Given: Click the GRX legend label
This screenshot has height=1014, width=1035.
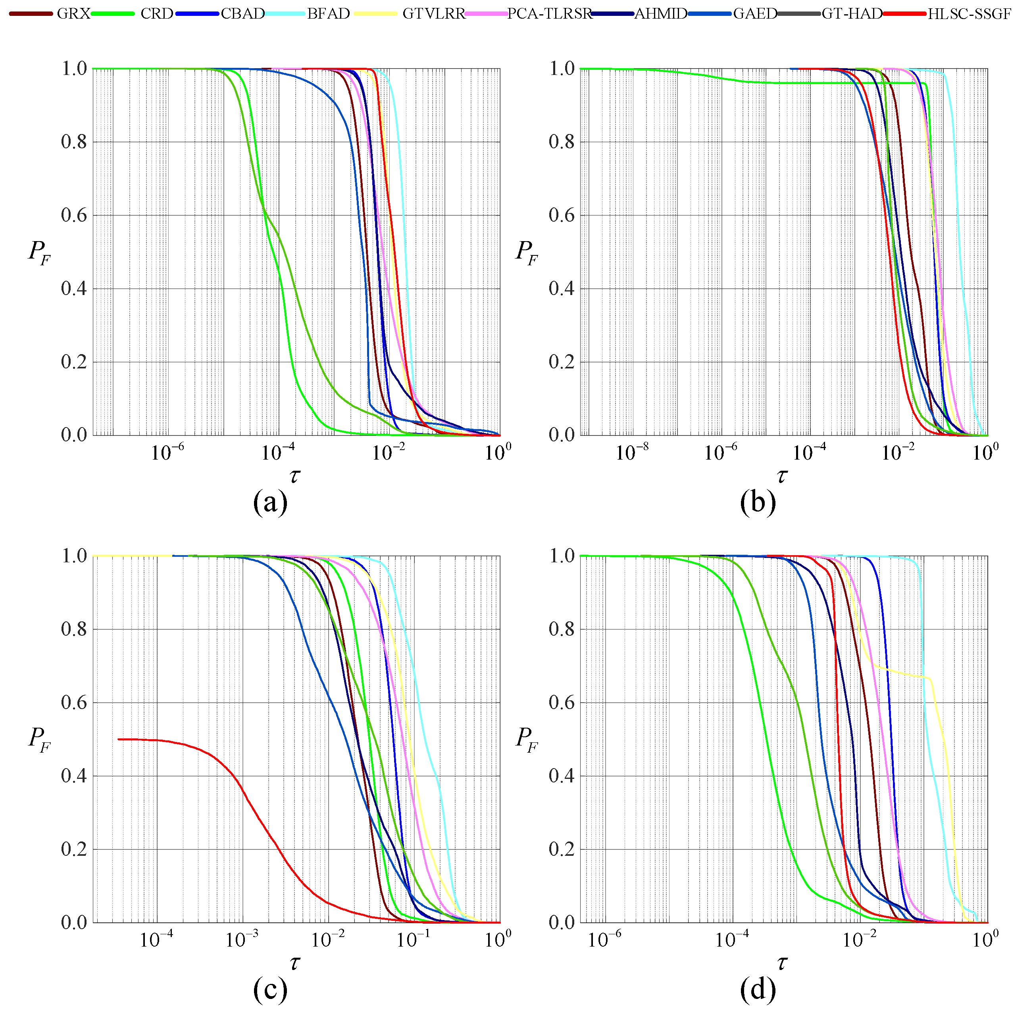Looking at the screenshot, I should (73, 14).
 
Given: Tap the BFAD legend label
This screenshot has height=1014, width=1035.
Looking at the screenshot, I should (328, 14).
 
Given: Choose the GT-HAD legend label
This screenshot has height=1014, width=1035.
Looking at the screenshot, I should (852, 14).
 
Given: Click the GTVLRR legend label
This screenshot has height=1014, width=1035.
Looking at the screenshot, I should (433, 14).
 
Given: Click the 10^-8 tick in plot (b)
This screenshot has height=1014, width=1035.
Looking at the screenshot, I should (632, 453).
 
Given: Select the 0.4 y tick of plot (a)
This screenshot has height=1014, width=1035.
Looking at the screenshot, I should (73, 289).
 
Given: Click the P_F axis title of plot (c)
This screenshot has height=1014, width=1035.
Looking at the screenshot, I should (39, 739).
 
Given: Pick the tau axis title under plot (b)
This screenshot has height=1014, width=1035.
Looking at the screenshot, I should (782, 475).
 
